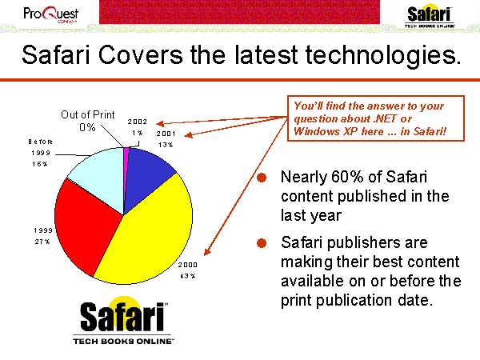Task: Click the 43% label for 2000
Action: click(x=188, y=276)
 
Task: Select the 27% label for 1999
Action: click(x=42, y=242)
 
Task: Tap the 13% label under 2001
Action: click(x=166, y=145)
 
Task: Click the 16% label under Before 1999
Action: click(x=40, y=164)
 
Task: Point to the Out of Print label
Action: click(x=87, y=114)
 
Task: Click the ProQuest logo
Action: click(x=51, y=14)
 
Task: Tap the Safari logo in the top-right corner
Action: click(x=429, y=17)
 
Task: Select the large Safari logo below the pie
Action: click(x=123, y=320)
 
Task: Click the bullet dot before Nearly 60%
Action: click(x=262, y=178)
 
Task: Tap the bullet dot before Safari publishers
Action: click(x=262, y=243)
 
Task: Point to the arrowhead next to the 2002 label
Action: click(x=160, y=124)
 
